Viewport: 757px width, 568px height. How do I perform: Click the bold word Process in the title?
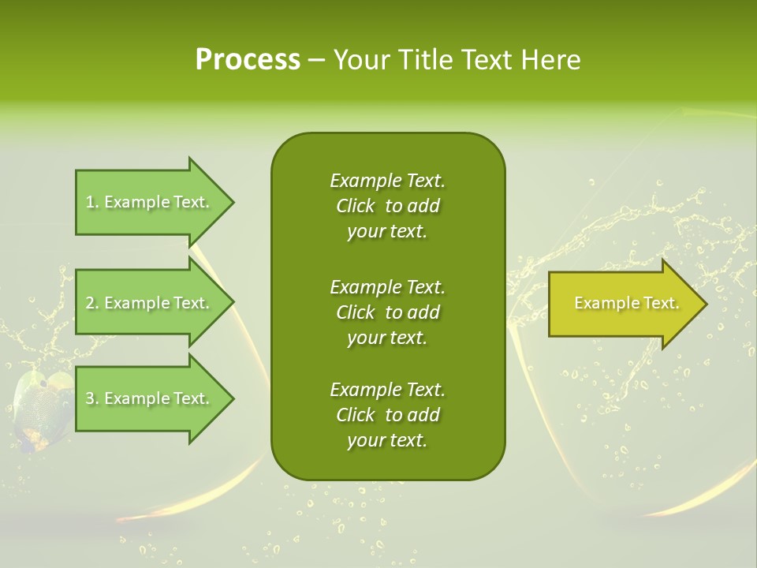click(248, 60)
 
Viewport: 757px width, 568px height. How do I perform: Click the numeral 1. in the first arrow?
click(92, 202)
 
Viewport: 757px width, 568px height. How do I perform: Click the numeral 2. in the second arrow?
click(92, 303)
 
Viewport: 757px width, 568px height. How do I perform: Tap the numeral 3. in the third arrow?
click(92, 398)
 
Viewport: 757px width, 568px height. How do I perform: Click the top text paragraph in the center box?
click(387, 206)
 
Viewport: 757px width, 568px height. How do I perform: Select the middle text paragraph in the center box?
click(387, 312)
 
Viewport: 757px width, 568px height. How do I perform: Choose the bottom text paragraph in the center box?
click(387, 415)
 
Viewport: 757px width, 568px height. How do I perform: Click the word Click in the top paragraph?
click(356, 206)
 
